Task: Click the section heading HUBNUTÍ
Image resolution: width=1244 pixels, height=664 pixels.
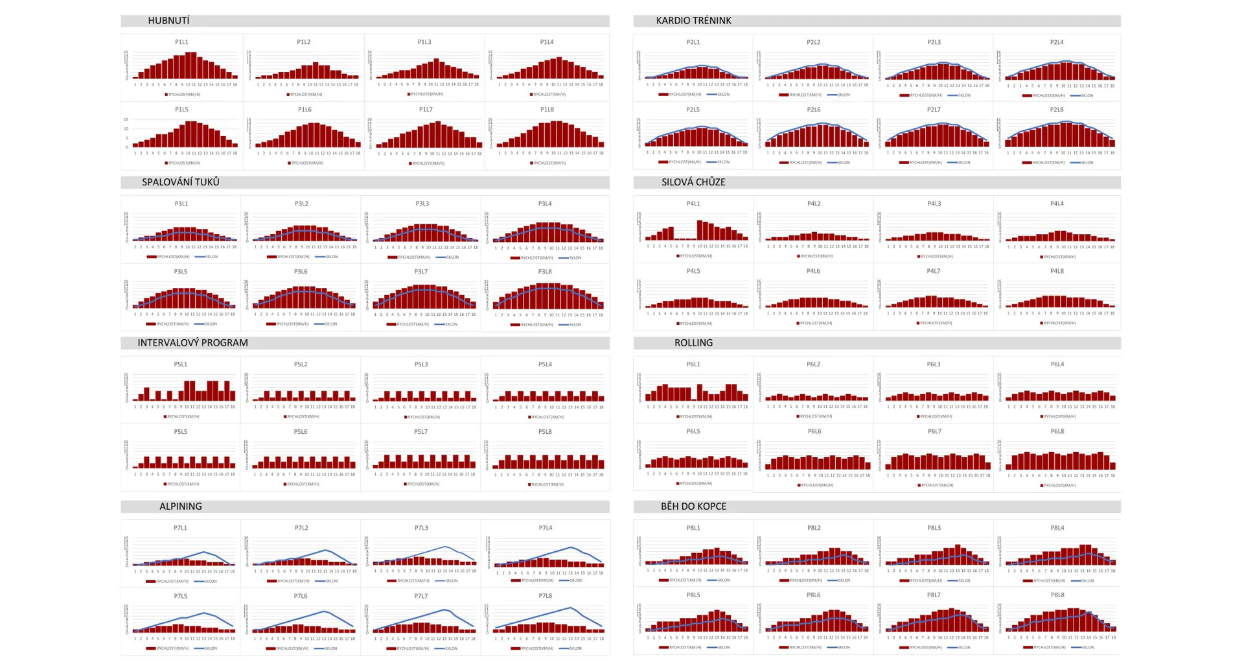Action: [x=168, y=21]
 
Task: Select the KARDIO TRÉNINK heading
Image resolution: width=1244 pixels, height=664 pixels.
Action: [x=693, y=21]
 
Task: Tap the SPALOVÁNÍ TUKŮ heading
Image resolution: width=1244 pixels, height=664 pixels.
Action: [x=180, y=182]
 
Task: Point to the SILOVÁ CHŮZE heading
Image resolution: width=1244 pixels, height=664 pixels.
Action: [x=693, y=182]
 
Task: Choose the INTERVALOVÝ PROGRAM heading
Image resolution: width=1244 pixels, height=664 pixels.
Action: [x=192, y=343]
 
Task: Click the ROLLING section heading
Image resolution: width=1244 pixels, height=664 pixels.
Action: [x=693, y=343]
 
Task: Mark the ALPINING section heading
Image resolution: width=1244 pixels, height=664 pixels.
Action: [x=180, y=506]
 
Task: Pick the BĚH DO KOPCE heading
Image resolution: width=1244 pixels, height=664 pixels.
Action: [x=693, y=506]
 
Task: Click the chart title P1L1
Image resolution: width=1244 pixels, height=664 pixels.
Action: [x=181, y=42]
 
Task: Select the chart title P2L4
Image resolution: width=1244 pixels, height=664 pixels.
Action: [x=1057, y=42]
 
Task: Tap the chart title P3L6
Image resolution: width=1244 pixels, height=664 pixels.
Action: [x=301, y=272]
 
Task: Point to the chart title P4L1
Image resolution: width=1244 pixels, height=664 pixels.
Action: [x=693, y=204]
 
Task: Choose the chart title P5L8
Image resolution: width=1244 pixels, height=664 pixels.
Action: [x=545, y=432]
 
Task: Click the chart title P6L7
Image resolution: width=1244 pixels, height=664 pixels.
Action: [x=934, y=432]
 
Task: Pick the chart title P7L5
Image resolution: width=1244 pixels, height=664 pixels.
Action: [x=180, y=596]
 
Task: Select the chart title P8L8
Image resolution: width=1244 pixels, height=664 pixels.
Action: [x=1057, y=595]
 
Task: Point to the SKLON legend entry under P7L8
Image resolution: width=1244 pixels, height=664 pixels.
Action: [x=574, y=648]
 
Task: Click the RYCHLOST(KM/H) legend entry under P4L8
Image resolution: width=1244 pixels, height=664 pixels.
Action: [x=1059, y=323]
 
